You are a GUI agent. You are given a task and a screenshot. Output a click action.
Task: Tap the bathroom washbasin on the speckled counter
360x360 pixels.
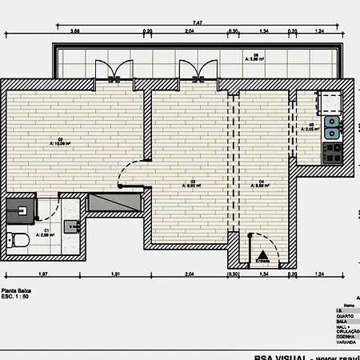[x=72, y=226]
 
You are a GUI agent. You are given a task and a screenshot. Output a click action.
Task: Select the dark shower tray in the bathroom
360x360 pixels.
[x=21, y=210]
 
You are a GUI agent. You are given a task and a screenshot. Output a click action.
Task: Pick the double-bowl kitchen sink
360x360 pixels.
[x=332, y=125]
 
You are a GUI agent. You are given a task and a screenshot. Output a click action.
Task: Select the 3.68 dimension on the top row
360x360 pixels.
[x=75, y=30]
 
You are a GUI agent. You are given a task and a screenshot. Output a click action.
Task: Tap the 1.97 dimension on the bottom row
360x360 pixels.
[x=43, y=274]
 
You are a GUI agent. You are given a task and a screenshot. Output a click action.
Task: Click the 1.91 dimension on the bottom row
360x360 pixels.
[x=116, y=274]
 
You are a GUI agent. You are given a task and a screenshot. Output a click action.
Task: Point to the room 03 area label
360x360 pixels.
[x=193, y=183]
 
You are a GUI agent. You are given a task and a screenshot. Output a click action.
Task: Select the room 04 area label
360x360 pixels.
[x=262, y=183]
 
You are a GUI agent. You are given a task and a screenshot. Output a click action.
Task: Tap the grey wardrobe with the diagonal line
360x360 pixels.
[x=114, y=203]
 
